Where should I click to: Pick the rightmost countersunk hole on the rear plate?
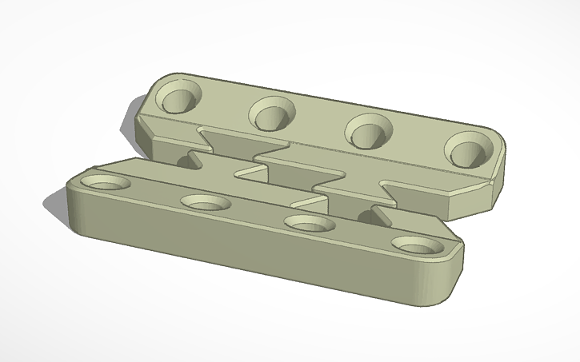tap(466, 149)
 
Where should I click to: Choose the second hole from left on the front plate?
tap(205, 203)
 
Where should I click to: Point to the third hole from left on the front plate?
tap(310, 224)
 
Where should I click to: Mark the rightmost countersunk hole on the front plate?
tap(418, 245)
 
